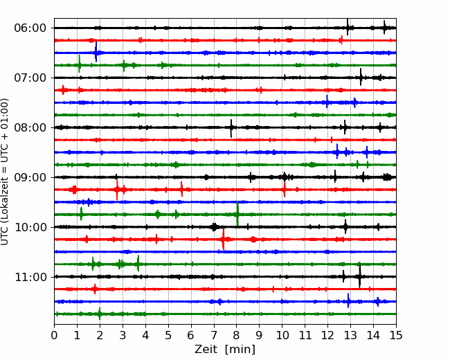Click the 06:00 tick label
point(30,28)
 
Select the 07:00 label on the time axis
point(30,78)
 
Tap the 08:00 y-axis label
point(30,127)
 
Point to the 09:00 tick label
point(30,177)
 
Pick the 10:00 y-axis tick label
point(30,227)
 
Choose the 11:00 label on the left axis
point(30,277)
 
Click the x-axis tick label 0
point(54,335)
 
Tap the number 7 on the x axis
point(214,335)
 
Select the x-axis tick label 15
point(396,335)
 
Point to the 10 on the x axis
point(282,335)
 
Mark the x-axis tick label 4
point(145,335)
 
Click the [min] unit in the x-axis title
point(240,350)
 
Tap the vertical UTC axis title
point(4,172)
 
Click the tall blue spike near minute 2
point(96,52)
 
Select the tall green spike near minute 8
point(237,214)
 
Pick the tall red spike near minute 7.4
point(224,239)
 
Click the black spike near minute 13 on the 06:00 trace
point(348,27)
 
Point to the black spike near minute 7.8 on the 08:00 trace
point(231,128)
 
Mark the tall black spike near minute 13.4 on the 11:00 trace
point(359,276)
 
